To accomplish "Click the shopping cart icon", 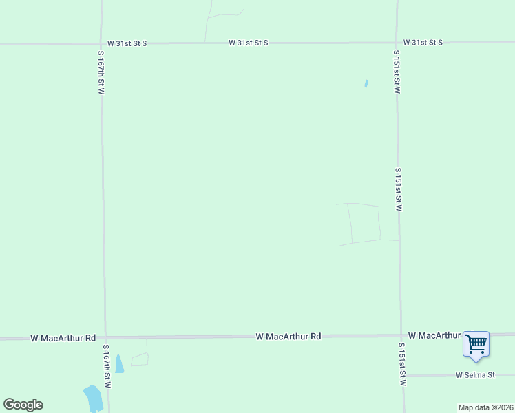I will (476, 343).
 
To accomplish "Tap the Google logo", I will (23, 405).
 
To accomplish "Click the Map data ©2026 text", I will (485, 407).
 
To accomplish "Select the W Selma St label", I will (475, 375).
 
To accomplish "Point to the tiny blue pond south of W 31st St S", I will (366, 84).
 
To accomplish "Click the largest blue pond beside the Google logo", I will (93, 398).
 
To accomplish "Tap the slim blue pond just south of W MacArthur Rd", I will (118, 363).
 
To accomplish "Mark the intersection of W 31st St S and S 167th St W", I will (102, 43).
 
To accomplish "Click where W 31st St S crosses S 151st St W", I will (397, 43).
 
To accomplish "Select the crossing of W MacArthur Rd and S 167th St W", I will (105, 338).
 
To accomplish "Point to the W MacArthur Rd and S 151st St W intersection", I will (401, 336).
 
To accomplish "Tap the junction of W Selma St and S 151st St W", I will (403, 375).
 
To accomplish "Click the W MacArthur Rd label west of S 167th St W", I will (63, 339).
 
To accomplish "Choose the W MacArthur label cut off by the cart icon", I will (434, 335).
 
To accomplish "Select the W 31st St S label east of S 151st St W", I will (423, 43).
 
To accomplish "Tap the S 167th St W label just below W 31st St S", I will (101, 72).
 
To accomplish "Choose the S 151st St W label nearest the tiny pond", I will (397, 72).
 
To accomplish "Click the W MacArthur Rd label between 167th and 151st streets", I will (288, 337).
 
